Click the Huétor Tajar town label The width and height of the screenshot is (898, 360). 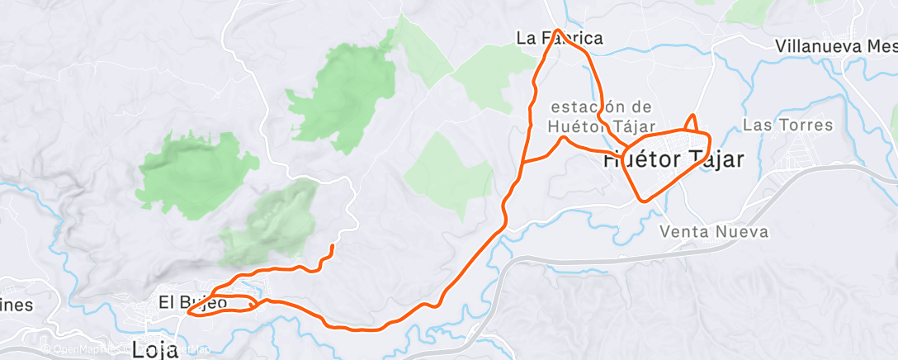point(673,160)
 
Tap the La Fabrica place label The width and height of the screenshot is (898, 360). point(559,38)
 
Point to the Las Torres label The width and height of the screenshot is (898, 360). point(788,126)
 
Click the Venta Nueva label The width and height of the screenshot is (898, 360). point(714,232)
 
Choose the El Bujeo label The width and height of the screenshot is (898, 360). point(192,303)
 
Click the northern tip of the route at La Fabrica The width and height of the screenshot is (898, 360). point(558,31)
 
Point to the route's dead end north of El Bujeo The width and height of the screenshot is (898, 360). point(333,247)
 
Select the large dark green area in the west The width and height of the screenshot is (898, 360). point(191,173)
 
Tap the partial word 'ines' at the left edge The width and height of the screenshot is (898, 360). point(17,306)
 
